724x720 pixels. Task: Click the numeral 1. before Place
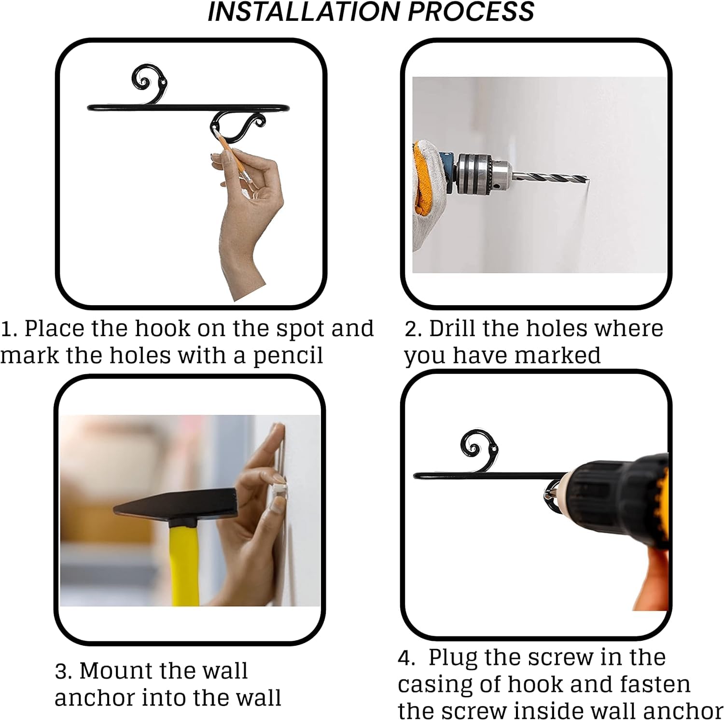point(10,329)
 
